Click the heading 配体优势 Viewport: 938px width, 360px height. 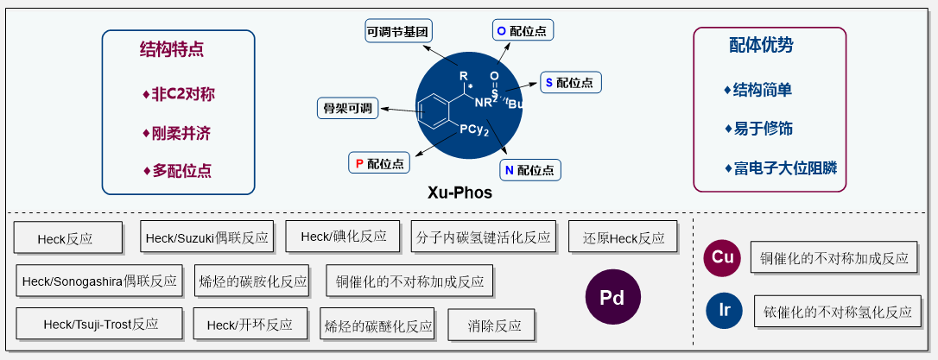pyautogui.click(x=761, y=45)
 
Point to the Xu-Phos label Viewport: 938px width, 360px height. pyautogui.click(x=459, y=193)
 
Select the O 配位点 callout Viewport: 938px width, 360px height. pyautogui.click(x=523, y=30)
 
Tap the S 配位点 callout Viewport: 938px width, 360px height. pyautogui.click(x=570, y=83)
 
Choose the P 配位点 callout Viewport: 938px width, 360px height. pyautogui.click(x=380, y=161)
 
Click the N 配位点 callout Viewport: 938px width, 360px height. pyautogui.click(x=529, y=169)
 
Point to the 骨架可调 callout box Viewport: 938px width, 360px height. pyautogui.click(x=347, y=108)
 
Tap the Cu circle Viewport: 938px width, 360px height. pyautogui.click(x=723, y=257)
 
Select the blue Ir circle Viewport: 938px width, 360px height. pyautogui.click(x=723, y=311)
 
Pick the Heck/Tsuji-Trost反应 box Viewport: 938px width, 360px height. pyautogui.click(x=99, y=325)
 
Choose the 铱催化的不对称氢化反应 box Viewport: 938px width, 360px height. pyautogui.click(x=835, y=312)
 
